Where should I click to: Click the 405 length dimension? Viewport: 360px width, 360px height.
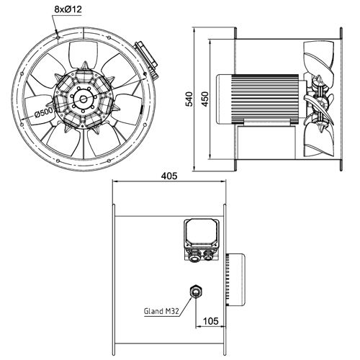click(171, 175)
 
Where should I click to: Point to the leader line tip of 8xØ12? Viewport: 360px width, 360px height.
click(57, 32)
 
